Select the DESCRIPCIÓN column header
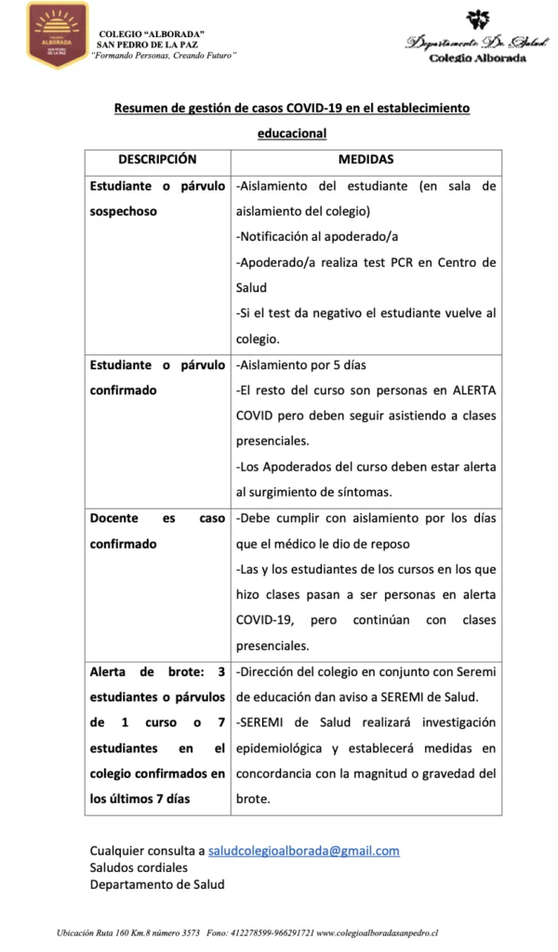tap(156, 159)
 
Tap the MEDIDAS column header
tap(365, 159)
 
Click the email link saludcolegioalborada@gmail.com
tap(304, 850)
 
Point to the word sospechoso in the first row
tap(124, 211)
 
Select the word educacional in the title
tap(292, 133)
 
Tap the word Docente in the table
tap(115, 519)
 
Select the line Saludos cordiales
tap(139, 866)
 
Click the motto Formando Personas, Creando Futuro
tap(164, 55)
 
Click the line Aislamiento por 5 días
tap(301, 364)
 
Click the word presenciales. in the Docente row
tap(272, 645)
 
